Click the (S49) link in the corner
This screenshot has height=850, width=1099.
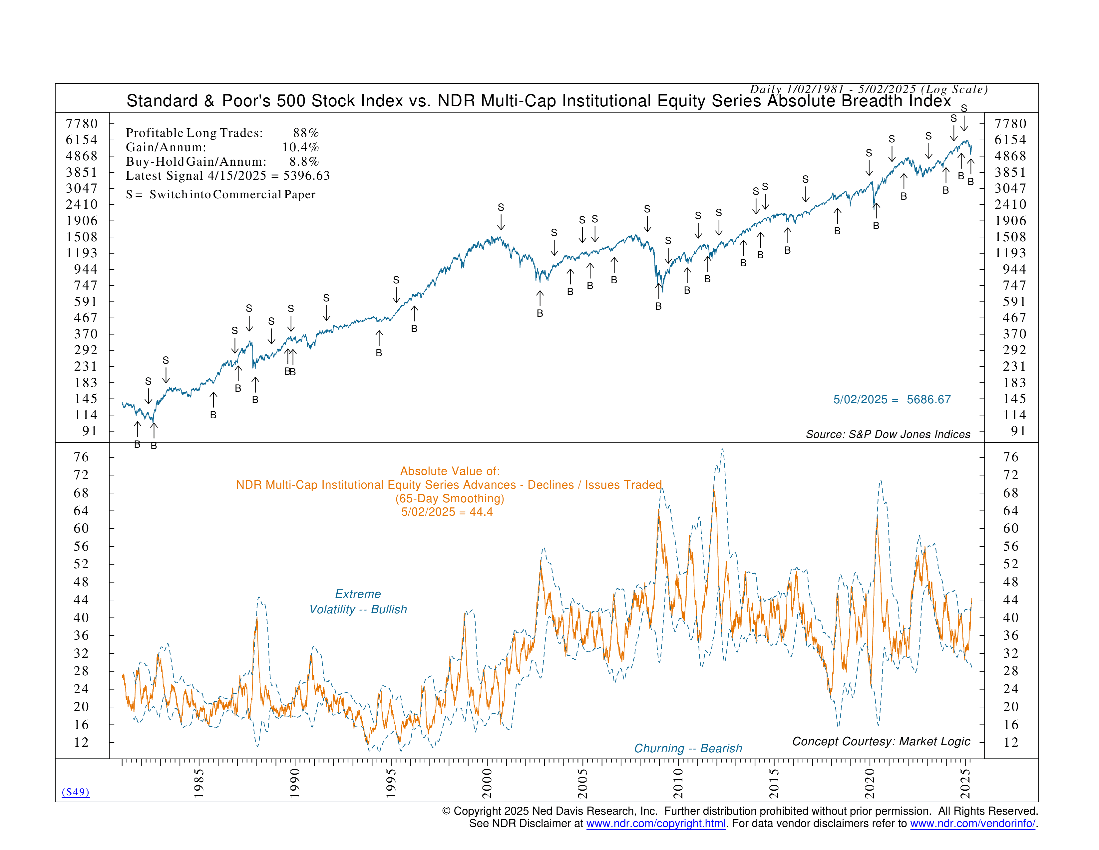(76, 792)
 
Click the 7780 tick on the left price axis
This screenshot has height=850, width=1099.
(82, 124)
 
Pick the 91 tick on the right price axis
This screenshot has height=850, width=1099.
(1018, 431)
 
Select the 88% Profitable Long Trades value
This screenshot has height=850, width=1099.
(306, 133)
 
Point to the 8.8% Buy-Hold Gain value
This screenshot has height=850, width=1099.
(304, 162)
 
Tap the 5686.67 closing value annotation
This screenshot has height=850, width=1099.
(928, 399)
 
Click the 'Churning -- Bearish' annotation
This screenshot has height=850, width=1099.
(688, 748)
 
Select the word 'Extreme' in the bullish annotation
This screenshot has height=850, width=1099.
(358, 594)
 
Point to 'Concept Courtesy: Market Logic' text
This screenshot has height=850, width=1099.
(881, 741)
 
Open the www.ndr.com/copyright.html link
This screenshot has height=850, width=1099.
(656, 823)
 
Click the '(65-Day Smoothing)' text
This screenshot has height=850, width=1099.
(449, 499)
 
